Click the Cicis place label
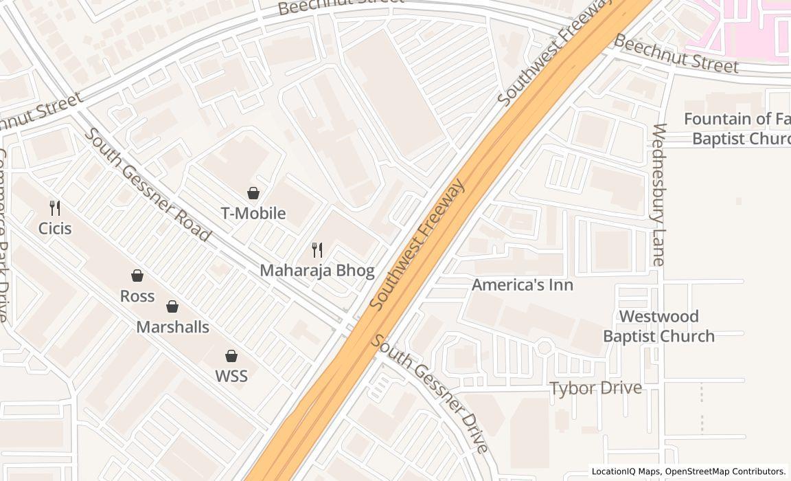click(x=55, y=228)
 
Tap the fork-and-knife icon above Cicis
click(x=55, y=208)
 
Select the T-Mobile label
click(x=253, y=213)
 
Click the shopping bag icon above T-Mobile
click(x=253, y=193)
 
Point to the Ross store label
click(x=137, y=296)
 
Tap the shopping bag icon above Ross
click(x=137, y=276)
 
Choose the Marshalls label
click(x=172, y=326)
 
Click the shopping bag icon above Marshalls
click(x=172, y=306)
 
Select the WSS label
click(x=231, y=376)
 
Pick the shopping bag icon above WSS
click(x=231, y=356)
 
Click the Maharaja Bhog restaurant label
click(x=317, y=270)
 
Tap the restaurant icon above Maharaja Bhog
click(x=317, y=250)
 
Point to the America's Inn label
click(x=523, y=284)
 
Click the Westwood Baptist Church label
click(x=658, y=326)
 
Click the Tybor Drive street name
click(x=596, y=388)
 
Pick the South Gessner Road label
click(x=147, y=184)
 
